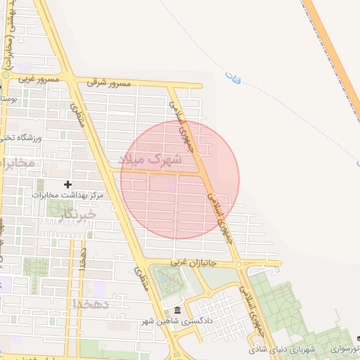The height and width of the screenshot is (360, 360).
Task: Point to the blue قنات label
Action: point(233,75)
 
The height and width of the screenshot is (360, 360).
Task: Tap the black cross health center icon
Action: point(68,184)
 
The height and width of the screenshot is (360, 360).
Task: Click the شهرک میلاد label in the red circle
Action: point(150,160)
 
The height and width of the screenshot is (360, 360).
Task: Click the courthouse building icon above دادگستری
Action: point(176,310)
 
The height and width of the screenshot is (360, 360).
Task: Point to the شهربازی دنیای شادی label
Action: point(283,349)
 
